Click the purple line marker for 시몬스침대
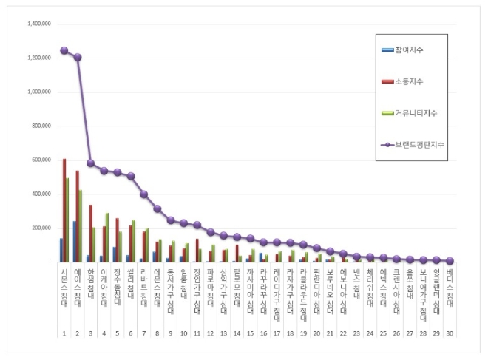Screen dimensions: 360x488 tap(64, 51)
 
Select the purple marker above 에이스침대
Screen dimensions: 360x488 tap(77, 57)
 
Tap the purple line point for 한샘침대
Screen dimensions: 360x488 tap(90, 163)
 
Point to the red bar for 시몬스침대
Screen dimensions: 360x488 tap(64, 210)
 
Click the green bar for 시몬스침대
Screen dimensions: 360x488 tap(67, 220)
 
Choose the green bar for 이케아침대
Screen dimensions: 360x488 tap(107, 237)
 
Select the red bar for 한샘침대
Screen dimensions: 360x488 tap(90, 233)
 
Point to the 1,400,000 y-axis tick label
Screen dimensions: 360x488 tap(38, 24)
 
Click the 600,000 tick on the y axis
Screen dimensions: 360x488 tap(40, 160)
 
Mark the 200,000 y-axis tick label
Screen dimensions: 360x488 tap(40, 228)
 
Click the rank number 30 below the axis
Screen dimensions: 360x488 tap(450, 334)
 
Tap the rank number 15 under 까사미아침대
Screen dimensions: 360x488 tap(250, 334)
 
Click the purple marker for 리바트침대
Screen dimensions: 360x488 tap(143, 194)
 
